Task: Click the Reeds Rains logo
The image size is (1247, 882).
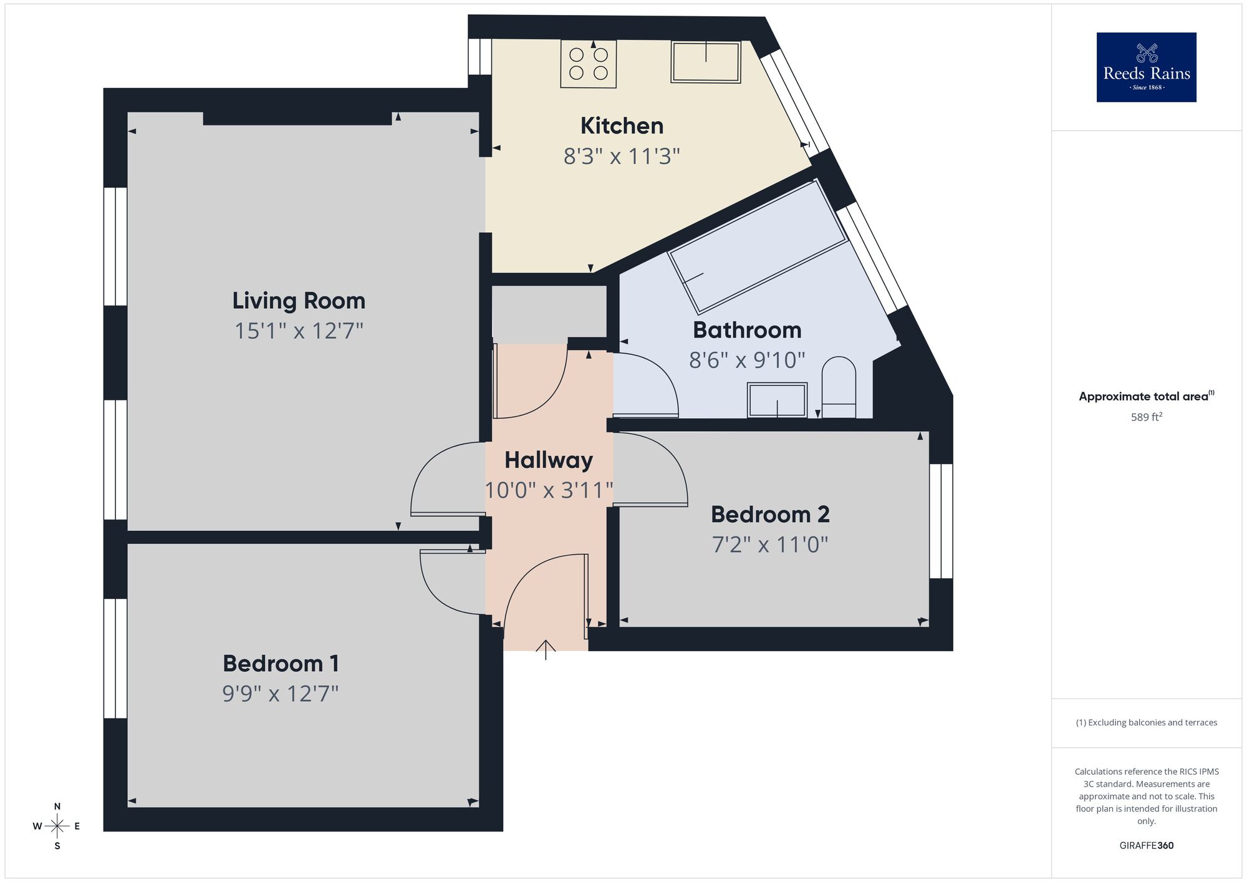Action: click(1146, 67)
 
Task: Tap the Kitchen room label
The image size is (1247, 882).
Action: click(622, 126)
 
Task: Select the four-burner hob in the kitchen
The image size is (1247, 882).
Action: click(588, 64)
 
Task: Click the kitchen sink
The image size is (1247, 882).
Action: click(705, 62)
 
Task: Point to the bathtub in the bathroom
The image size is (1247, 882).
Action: click(756, 247)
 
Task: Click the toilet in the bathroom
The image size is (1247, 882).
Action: click(839, 387)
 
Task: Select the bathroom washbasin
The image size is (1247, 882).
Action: click(778, 400)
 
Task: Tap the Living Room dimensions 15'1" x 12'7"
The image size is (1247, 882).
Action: click(299, 331)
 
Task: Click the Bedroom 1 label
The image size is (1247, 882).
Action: click(281, 664)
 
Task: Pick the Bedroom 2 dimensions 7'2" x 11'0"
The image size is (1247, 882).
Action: click(770, 545)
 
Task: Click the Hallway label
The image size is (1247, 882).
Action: click(548, 460)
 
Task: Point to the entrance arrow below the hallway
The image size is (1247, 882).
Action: click(546, 649)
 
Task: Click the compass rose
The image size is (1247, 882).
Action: click(57, 826)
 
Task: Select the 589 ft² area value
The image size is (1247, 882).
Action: click(1146, 417)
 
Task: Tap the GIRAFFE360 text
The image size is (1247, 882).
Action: click(1146, 846)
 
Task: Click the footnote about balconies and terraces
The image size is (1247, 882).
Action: click(1146, 722)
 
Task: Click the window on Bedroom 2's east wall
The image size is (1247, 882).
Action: click(941, 521)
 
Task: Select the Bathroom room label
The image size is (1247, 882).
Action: click(747, 330)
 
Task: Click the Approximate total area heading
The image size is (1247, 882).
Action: click(1146, 396)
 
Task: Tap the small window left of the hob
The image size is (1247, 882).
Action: click(480, 56)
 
